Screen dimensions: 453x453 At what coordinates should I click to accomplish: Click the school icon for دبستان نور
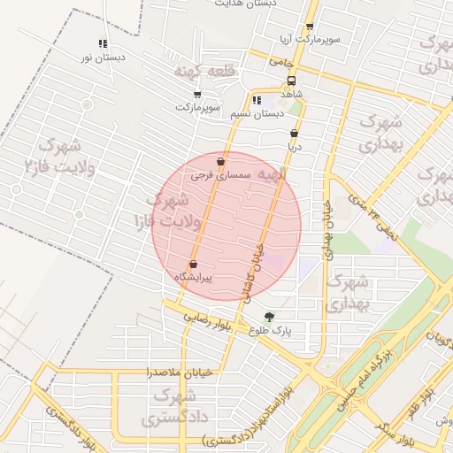(x=103, y=43)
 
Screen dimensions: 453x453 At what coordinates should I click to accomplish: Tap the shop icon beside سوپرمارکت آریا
(x=309, y=27)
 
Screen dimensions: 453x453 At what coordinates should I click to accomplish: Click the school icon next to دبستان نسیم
(x=257, y=100)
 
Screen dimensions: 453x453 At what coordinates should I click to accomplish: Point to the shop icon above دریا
(x=294, y=134)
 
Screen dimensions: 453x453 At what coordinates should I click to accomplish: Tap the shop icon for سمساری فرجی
(x=220, y=162)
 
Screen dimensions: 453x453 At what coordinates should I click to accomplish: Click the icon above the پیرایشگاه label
(x=193, y=264)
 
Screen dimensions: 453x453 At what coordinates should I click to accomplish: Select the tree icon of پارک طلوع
(x=269, y=317)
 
